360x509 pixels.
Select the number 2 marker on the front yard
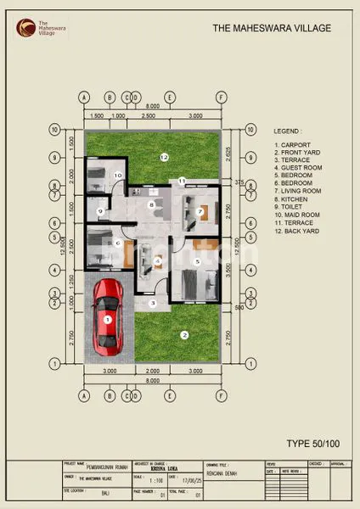point(183,334)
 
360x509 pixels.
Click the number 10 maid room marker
point(119,176)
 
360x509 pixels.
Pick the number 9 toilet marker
point(100,212)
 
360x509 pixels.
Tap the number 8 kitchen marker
point(151,204)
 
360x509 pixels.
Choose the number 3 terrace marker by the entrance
point(153,303)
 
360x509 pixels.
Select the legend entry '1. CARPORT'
point(290,146)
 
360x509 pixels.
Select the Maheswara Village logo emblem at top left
point(20,27)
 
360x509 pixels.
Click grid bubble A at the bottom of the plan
point(84,395)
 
